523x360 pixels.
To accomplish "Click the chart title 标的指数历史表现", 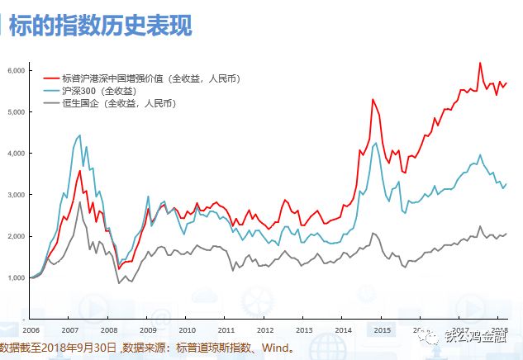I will (100, 26).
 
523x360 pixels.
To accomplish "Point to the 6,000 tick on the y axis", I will (16, 71).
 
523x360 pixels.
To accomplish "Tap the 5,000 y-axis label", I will (16, 112).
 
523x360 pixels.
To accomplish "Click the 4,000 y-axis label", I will (16, 154).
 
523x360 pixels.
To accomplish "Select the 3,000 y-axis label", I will (16, 195).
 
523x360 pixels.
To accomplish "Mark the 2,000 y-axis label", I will (16, 236).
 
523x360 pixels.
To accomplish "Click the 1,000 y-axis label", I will (16, 277).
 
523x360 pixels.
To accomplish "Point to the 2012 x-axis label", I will (264, 328).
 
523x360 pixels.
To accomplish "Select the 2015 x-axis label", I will (382, 328).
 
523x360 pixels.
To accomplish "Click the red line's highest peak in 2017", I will (480, 63).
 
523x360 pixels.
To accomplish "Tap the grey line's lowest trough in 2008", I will (118, 283).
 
